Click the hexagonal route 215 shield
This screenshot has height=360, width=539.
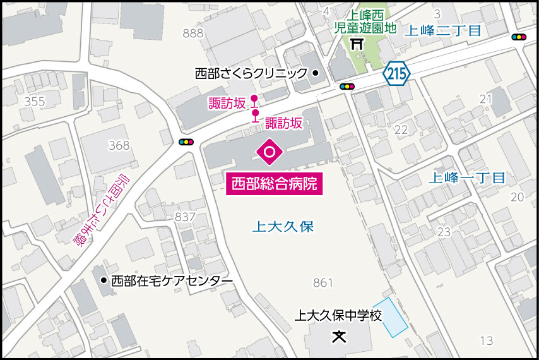point(397,73)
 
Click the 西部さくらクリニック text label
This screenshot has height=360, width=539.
point(251,73)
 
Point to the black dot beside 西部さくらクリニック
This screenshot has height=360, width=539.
point(316,73)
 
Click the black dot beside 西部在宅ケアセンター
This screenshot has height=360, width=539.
point(104,280)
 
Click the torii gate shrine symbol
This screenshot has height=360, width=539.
point(358,45)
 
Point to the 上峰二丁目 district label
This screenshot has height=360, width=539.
point(442,30)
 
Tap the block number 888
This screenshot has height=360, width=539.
point(192,33)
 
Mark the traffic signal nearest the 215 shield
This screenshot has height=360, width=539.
point(347,87)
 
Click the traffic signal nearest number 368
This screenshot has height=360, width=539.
point(186,142)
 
